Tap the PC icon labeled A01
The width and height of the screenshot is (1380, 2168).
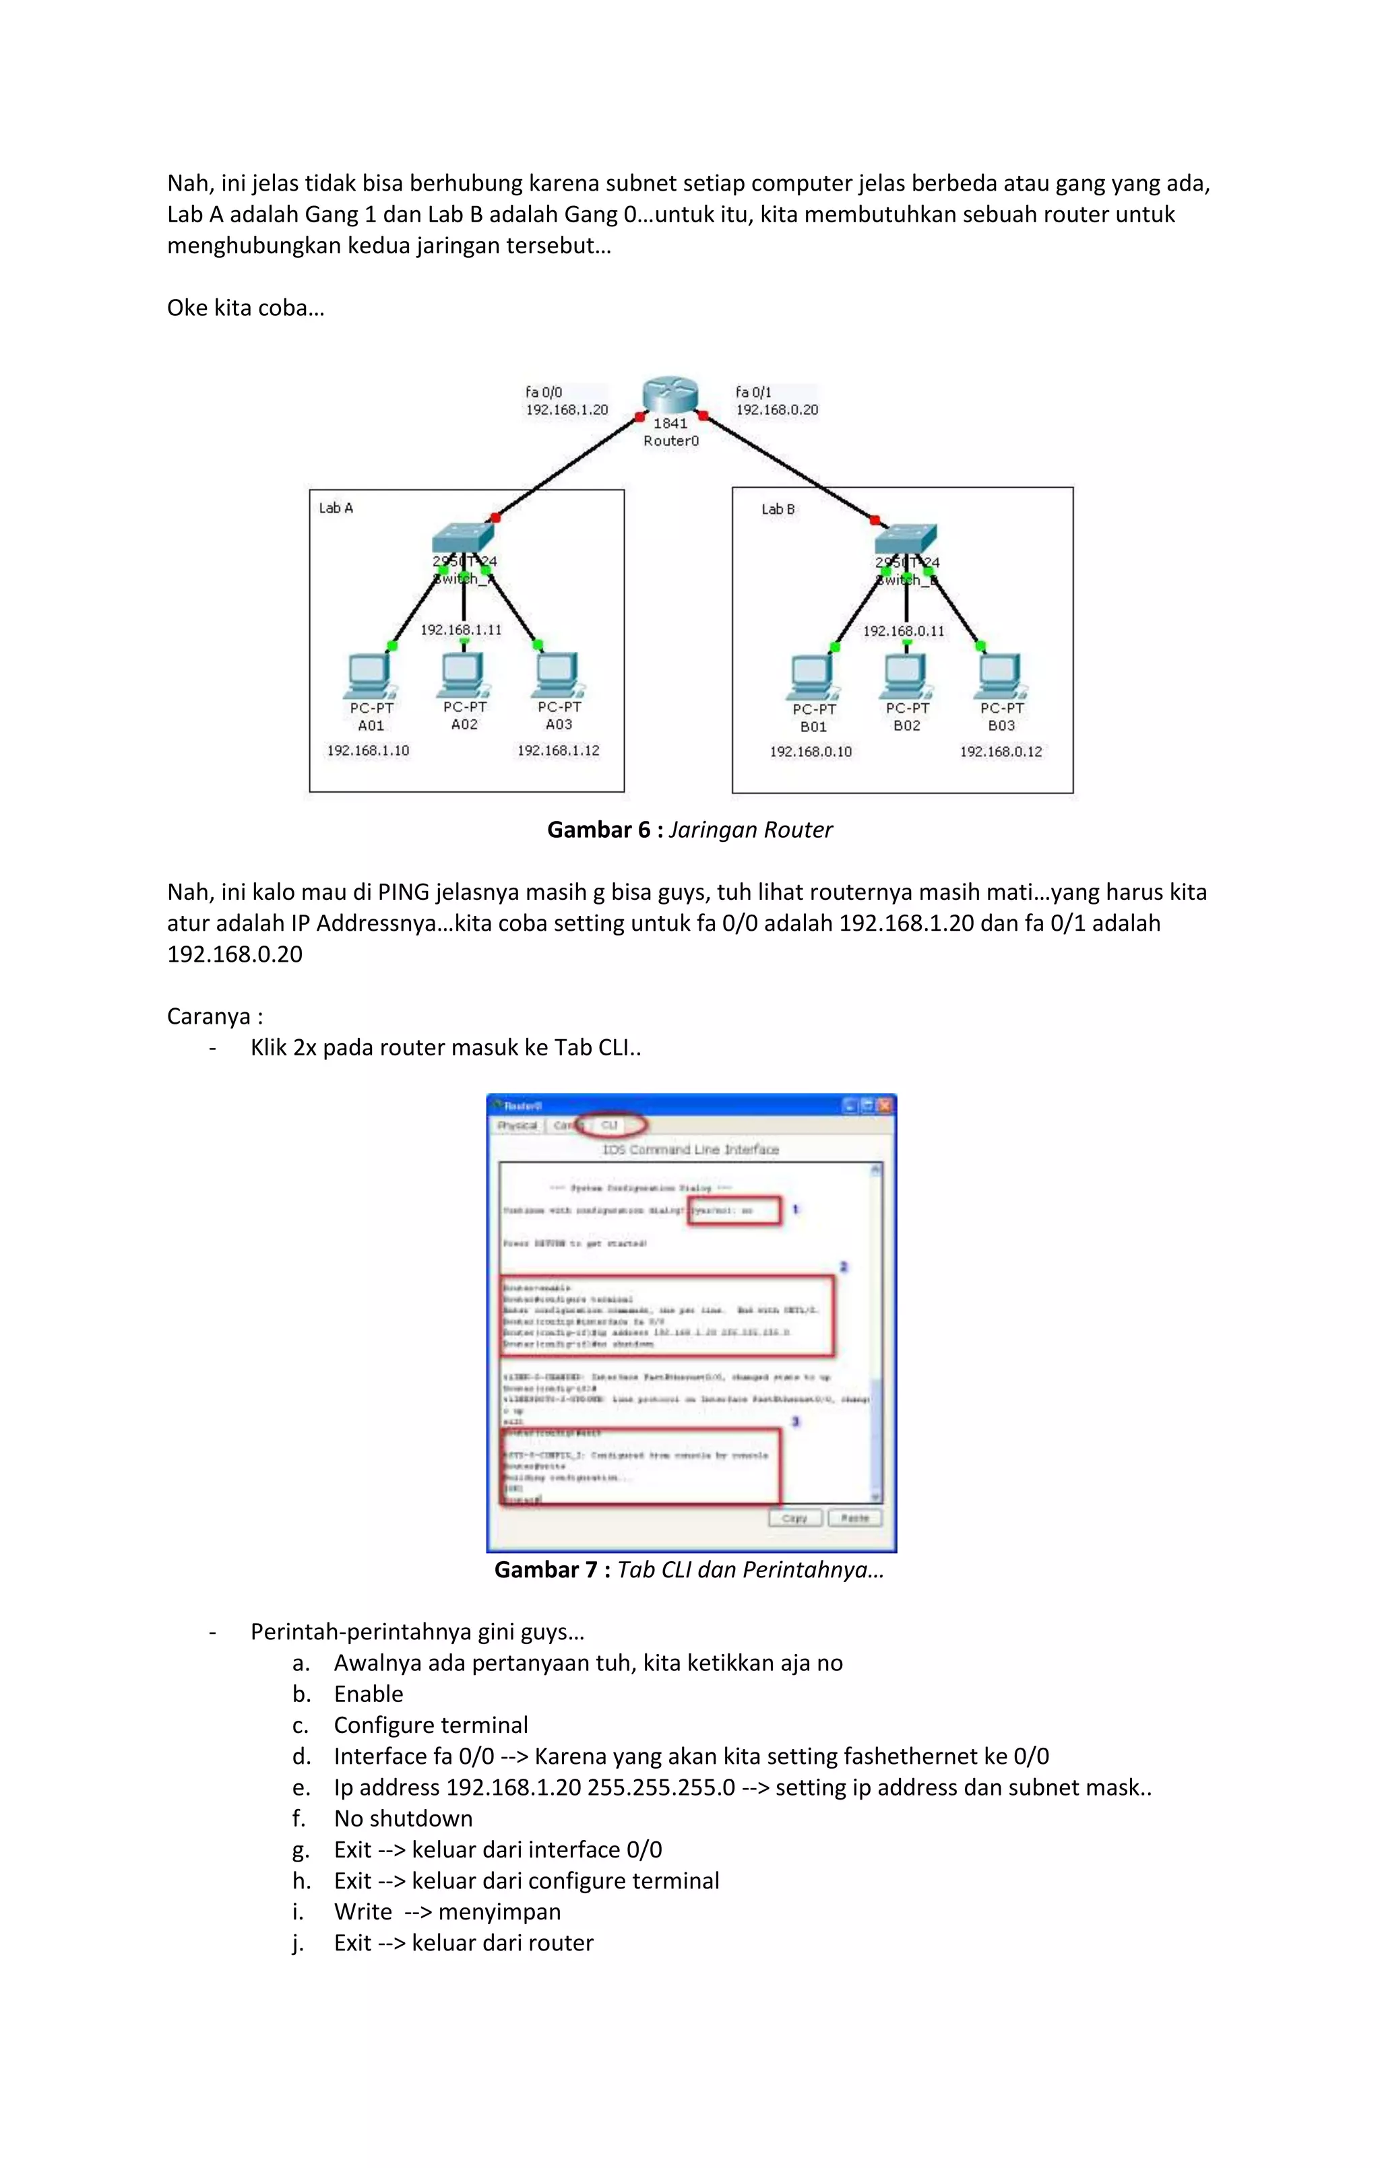[369, 676]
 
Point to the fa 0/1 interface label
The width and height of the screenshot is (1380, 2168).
[753, 392]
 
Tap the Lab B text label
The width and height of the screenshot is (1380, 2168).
[778, 508]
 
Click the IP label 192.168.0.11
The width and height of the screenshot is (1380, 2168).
[904, 631]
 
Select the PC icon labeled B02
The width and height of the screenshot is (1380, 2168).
[905, 676]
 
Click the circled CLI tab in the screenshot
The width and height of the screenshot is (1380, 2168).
[610, 1125]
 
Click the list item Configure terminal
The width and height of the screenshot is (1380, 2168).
[431, 1724]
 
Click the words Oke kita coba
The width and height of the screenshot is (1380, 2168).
[245, 308]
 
